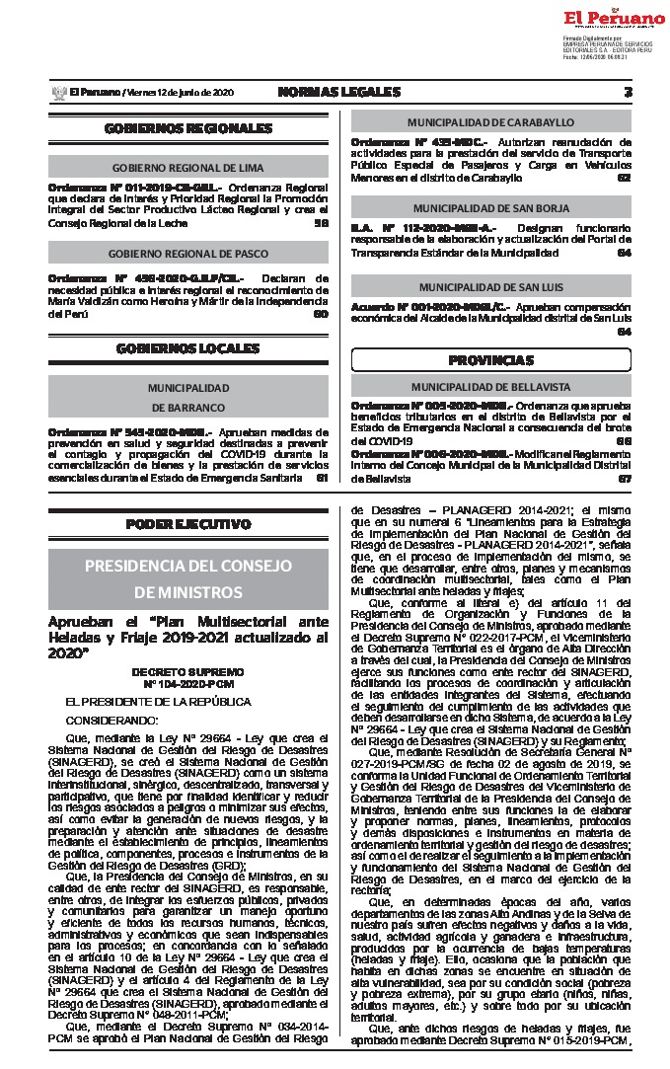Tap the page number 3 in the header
pos(629,92)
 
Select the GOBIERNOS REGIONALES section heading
pos(187,128)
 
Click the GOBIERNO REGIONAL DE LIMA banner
pos(187,168)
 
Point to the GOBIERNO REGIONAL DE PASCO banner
pos(187,254)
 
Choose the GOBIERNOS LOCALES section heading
pos(187,348)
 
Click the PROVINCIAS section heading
pos(490,359)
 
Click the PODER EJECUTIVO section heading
pos(187,524)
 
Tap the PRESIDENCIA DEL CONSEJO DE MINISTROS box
pos(187,578)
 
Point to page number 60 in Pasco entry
pos(321,314)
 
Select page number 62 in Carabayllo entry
pos(624,178)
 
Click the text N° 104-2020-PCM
pos(187,683)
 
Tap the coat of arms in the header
pos(56,93)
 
